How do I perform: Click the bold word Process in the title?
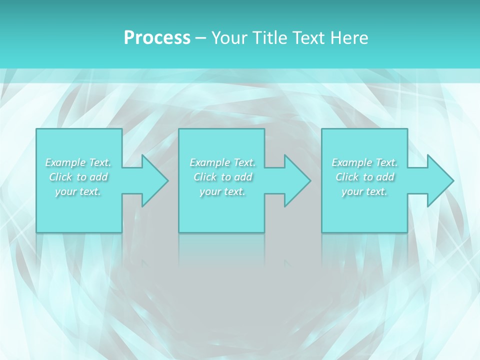pos(157,38)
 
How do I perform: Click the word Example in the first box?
pos(65,162)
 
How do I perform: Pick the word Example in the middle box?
pos(209,162)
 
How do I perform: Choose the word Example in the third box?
pos(351,162)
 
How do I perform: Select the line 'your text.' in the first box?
pos(78,191)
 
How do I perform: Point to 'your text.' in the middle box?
pos(222,191)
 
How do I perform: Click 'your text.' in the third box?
pos(364,191)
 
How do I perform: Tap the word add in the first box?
pos(99,177)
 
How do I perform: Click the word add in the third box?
pos(385,177)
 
